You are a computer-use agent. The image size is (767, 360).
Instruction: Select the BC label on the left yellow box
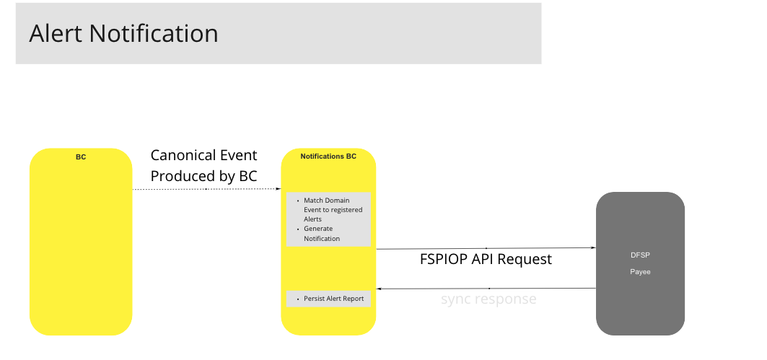(x=81, y=157)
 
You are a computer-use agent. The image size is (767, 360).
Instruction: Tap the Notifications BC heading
(x=328, y=157)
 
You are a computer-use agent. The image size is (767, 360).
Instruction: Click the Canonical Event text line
(x=203, y=156)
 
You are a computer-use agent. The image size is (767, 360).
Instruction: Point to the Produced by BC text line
(x=203, y=176)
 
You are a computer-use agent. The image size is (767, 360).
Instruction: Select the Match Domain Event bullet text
(x=333, y=210)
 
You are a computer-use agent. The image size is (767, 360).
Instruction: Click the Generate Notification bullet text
(x=321, y=234)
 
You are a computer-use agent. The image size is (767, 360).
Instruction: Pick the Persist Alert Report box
(x=328, y=299)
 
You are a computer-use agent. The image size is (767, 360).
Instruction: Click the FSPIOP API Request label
(x=486, y=259)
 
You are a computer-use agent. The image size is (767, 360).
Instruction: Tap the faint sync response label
(x=488, y=299)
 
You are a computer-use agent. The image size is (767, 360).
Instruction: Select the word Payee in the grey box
(x=640, y=272)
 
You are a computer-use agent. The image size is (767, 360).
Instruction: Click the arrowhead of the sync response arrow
(x=380, y=289)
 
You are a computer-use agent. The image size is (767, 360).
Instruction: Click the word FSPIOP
(x=444, y=259)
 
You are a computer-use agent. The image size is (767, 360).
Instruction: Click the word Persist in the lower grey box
(x=316, y=299)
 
